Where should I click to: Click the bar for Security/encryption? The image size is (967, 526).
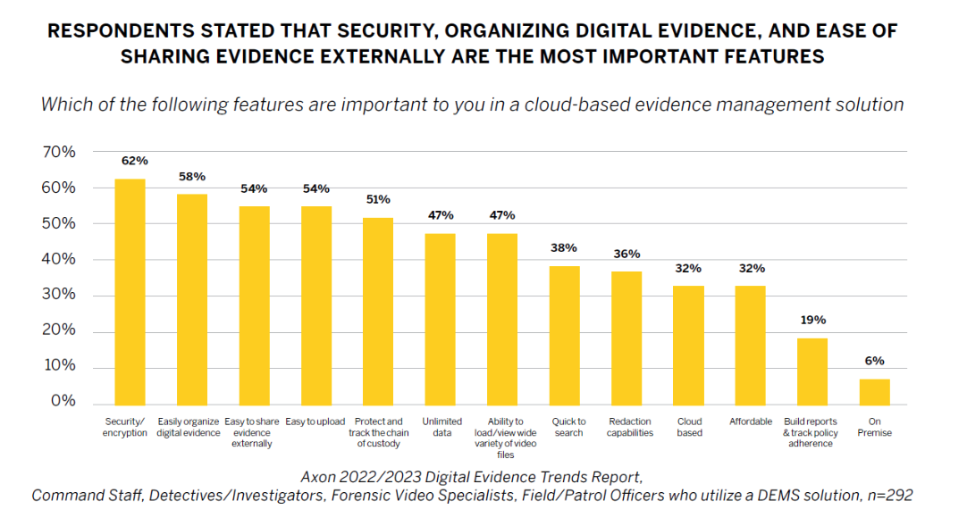(x=130, y=290)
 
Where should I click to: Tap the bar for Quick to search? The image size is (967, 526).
(x=565, y=335)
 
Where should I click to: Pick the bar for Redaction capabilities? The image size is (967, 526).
(x=626, y=338)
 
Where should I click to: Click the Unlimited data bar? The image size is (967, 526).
(x=441, y=318)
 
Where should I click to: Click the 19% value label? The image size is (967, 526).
(x=812, y=320)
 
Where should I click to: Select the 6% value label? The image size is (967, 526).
(x=875, y=361)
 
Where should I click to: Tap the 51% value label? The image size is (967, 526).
(x=378, y=199)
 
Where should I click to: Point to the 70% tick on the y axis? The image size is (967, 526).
(x=59, y=152)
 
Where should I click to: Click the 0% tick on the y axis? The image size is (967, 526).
(x=63, y=402)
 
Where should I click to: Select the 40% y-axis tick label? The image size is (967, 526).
(x=59, y=259)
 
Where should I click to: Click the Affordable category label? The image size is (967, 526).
(x=751, y=422)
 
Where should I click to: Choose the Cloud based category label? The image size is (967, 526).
(x=689, y=427)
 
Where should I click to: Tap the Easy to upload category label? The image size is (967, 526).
(x=315, y=422)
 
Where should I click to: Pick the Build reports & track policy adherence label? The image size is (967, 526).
(x=812, y=432)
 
